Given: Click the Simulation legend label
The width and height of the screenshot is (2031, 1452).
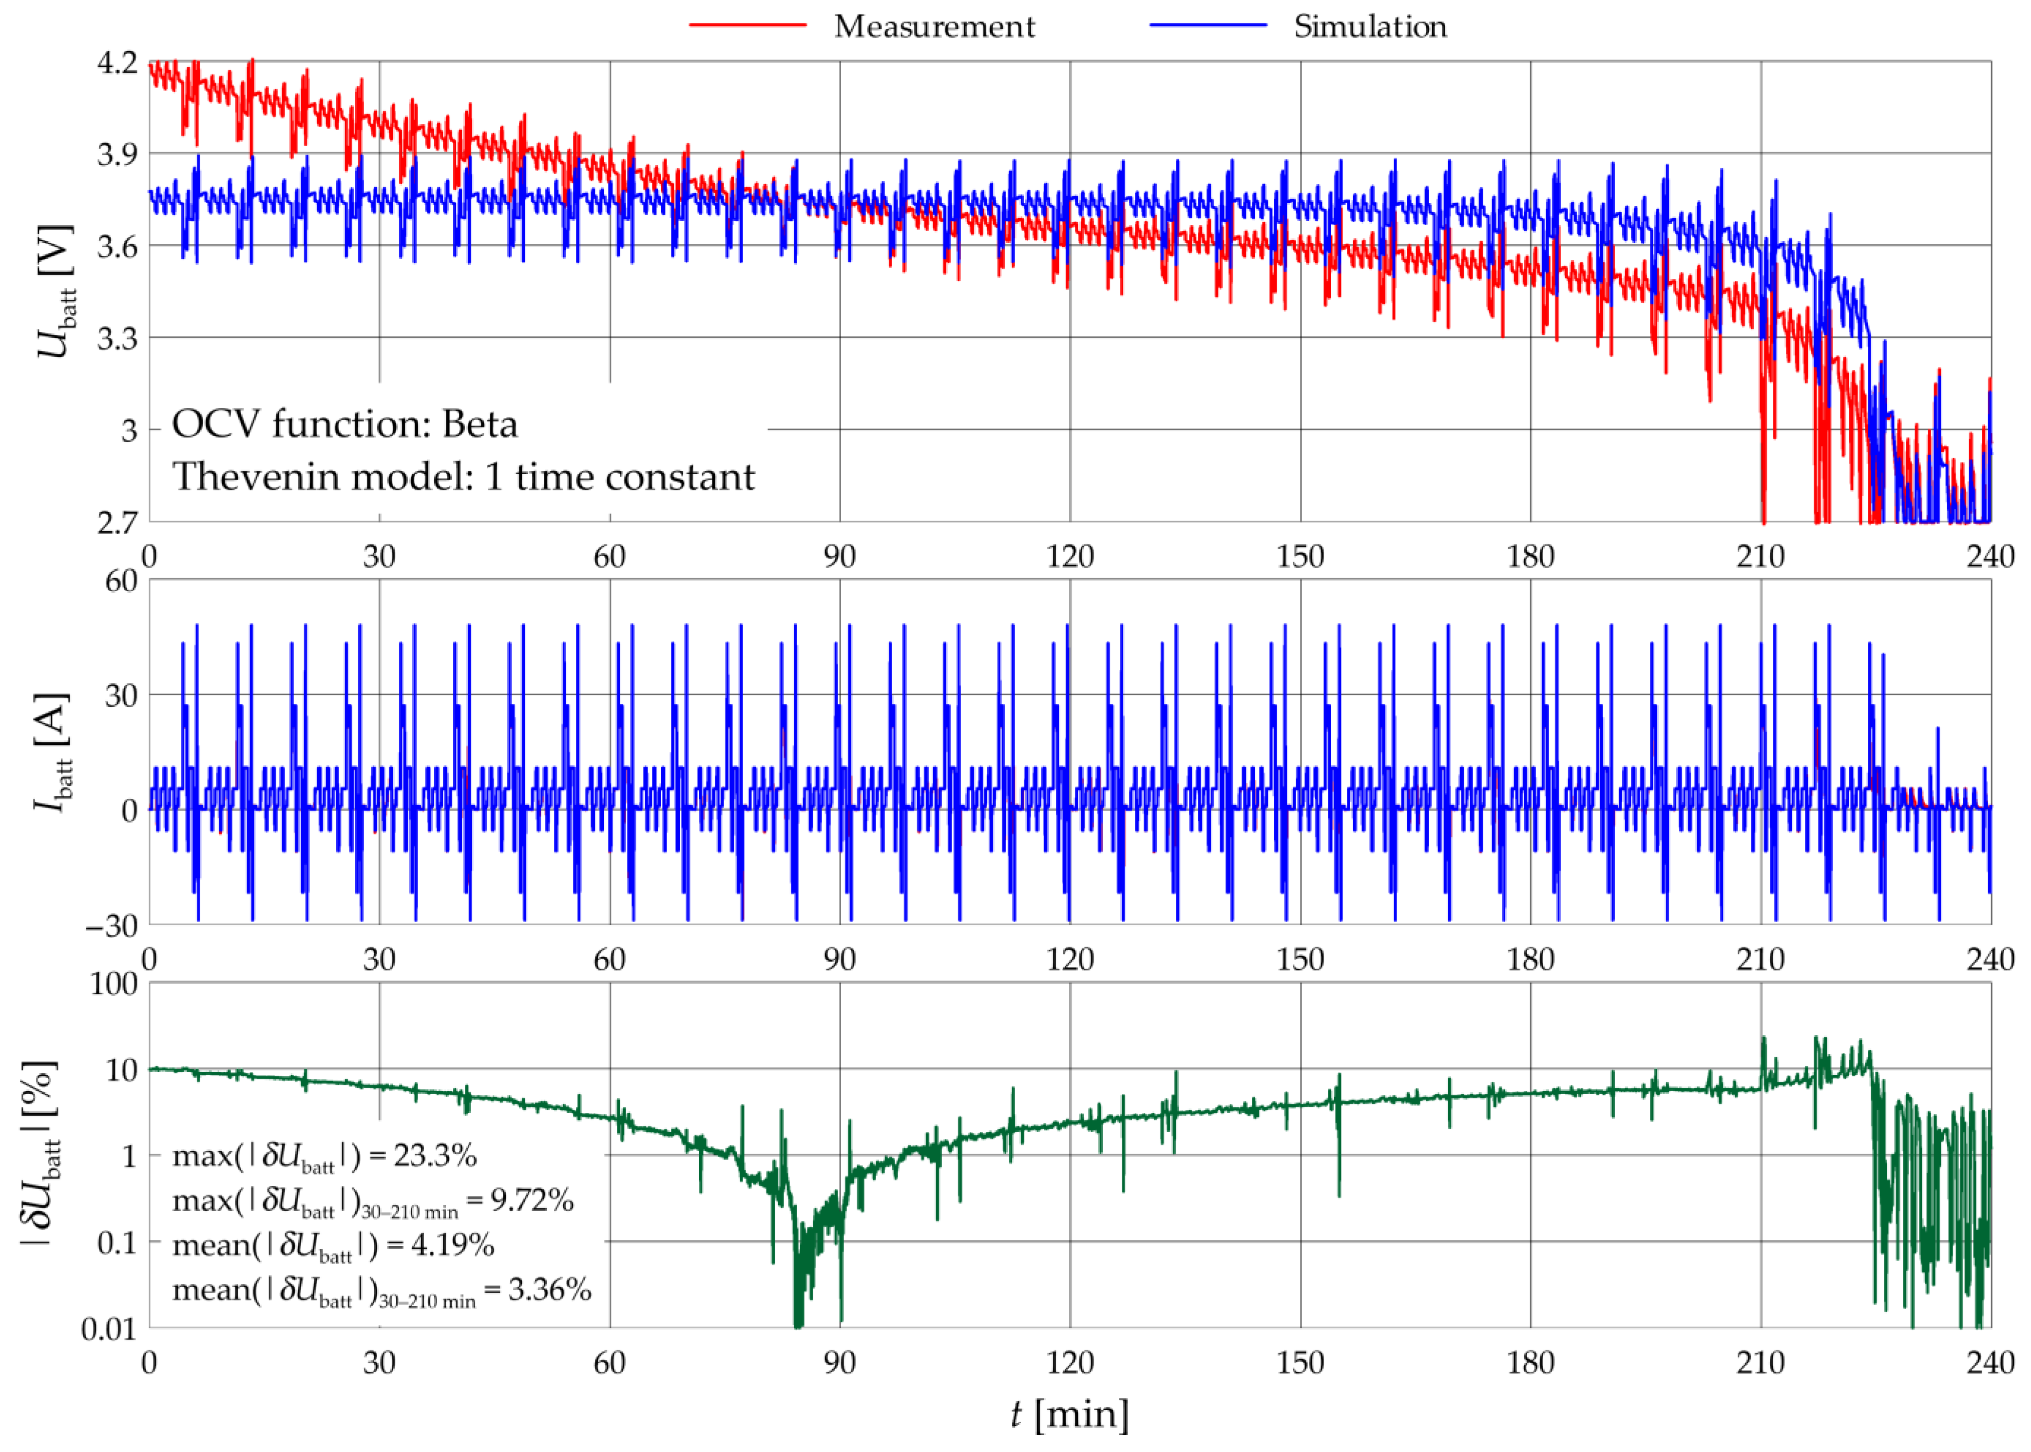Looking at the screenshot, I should (1369, 27).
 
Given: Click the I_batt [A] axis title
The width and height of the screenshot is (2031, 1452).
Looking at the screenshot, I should (52, 751).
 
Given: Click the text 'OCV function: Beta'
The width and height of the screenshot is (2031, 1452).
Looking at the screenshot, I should (344, 424).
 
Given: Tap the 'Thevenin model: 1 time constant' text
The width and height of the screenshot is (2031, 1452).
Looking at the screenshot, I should (463, 477).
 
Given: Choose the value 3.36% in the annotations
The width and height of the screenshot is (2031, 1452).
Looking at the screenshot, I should (549, 1289).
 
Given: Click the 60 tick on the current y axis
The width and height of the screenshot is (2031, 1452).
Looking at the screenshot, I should (121, 581).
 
